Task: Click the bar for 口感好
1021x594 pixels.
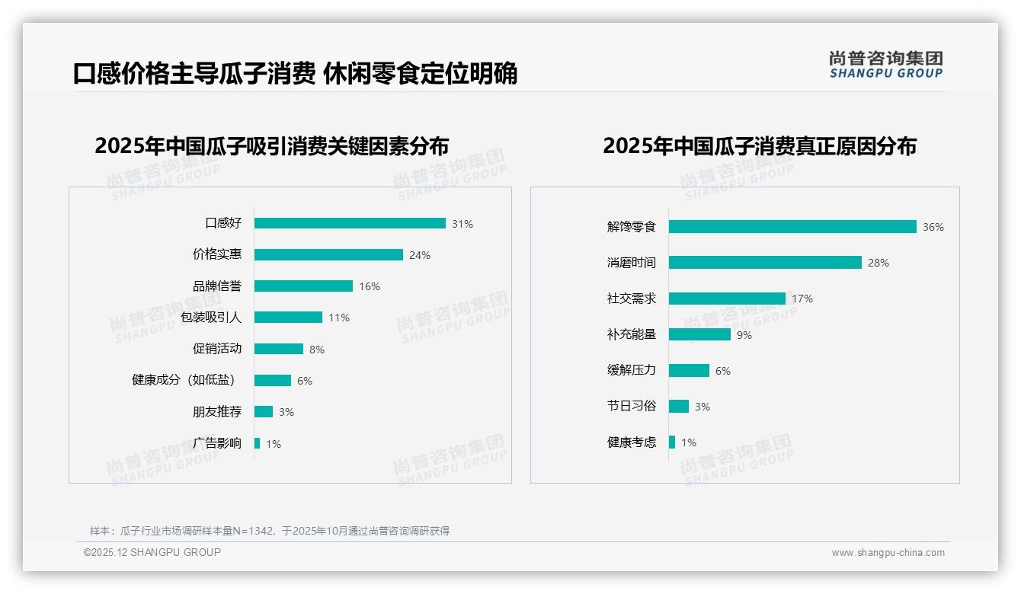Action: (x=350, y=223)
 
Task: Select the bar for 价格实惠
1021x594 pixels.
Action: (x=328, y=255)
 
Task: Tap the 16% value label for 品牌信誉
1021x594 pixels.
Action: (x=370, y=286)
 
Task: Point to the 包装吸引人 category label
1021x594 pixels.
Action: (x=210, y=318)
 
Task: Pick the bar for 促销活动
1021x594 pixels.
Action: (x=279, y=349)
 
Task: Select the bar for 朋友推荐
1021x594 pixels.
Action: (x=264, y=412)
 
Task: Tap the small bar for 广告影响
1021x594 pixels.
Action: (x=258, y=443)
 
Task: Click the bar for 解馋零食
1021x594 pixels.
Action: (x=792, y=227)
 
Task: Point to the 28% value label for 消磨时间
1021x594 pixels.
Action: (x=879, y=263)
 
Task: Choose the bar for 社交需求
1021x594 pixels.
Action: (x=727, y=299)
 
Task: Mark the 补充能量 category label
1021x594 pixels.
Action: (x=631, y=334)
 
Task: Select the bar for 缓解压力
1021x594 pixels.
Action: (x=689, y=370)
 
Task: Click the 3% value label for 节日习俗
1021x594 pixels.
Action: (x=703, y=407)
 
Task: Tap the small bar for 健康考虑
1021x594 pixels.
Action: (x=672, y=442)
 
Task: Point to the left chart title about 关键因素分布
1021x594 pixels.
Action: (x=272, y=145)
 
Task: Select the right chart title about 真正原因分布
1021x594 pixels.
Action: (x=760, y=145)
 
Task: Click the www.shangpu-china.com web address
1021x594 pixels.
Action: (x=888, y=553)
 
